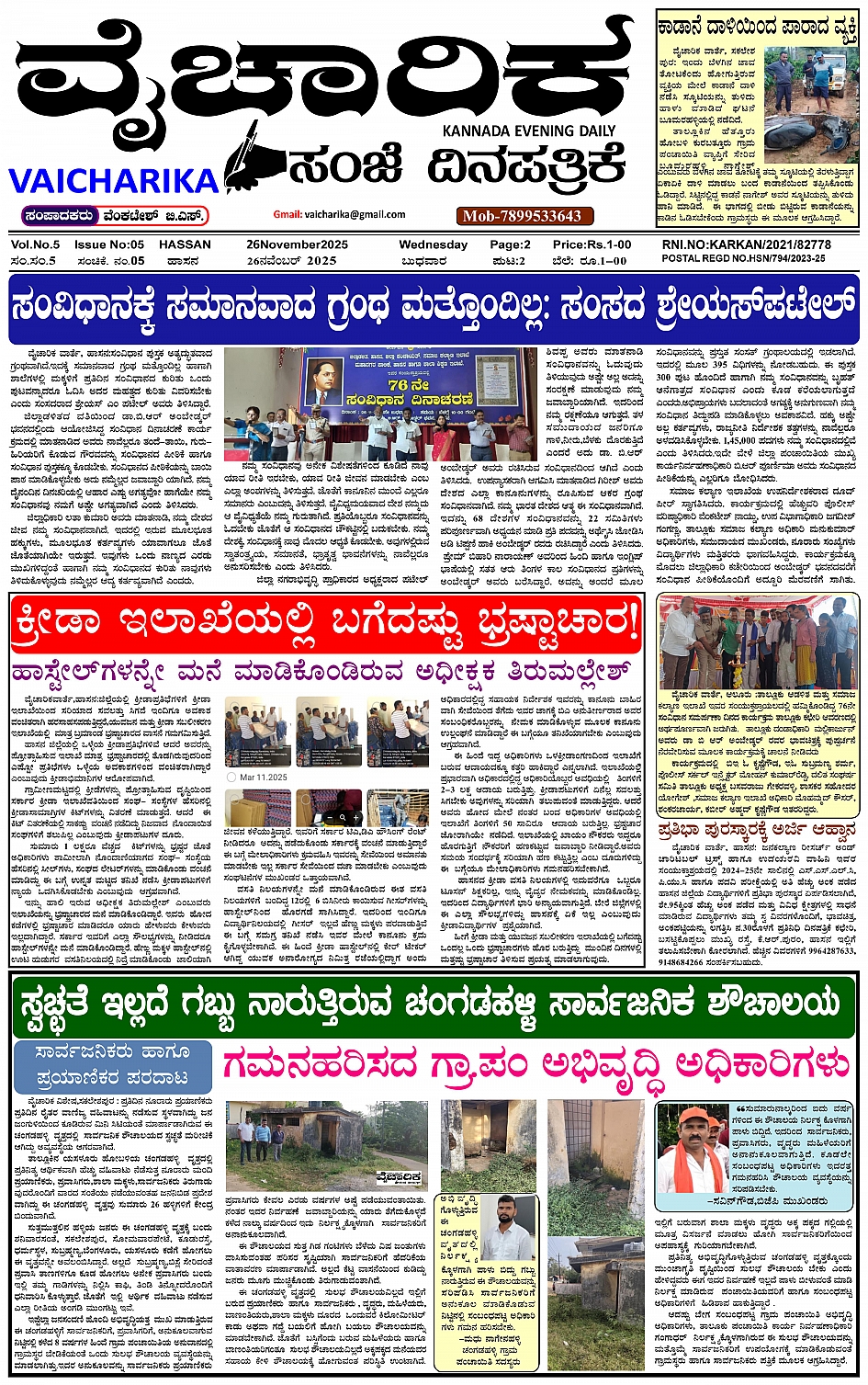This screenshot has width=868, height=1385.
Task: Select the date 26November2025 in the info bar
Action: click(x=297, y=245)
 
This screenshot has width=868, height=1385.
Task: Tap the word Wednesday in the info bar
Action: click(x=433, y=245)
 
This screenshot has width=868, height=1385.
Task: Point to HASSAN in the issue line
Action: click(x=185, y=245)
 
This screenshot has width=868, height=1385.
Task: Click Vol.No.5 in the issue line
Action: click(x=35, y=245)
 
